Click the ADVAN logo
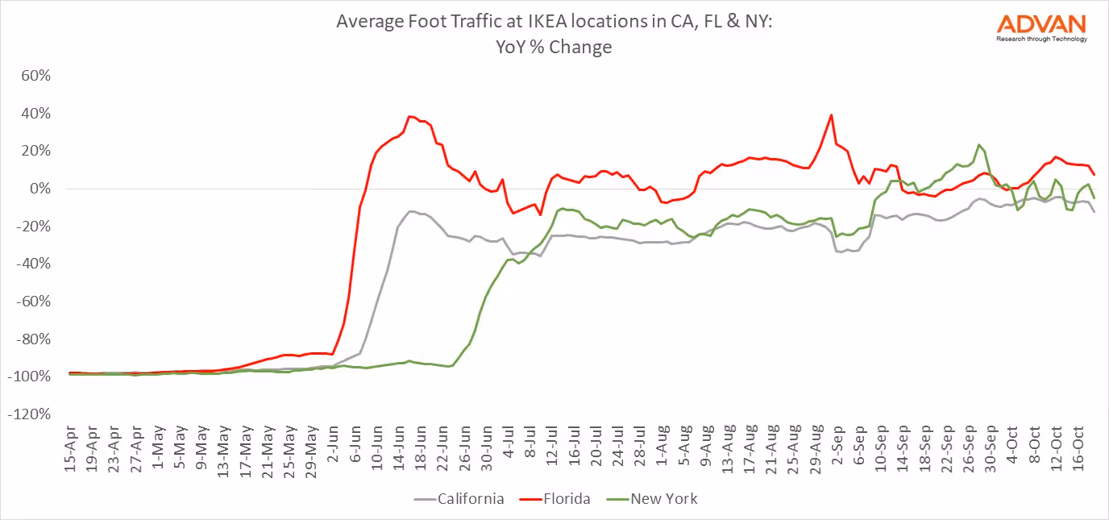[x=1041, y=27]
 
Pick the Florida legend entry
[x=563, y=499]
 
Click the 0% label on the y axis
[x=41, y=189]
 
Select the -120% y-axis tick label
[x=32, y=414]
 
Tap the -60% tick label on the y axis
[x=35, y=302]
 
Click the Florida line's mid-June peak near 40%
[x=409, y=116]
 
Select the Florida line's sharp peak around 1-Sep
[x=831, y=114]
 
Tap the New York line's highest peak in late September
[x=978, y=145]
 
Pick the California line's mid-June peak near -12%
[x=411, y=211]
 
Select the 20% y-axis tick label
[x=37, y=151]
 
